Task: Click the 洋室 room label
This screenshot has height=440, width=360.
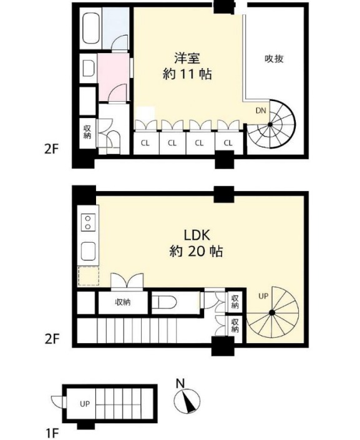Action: (187, 59)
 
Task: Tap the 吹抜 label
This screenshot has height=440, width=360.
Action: (274, 59)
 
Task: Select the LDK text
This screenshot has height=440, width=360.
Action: (197, 235)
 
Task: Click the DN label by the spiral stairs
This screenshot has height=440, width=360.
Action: (261, 110)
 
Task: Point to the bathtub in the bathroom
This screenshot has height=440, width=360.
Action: (91, 28)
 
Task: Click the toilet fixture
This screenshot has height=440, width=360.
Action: (164, 303)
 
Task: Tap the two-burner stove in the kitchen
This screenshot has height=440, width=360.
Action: (88, 222)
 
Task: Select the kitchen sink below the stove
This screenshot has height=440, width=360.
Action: (88, 251)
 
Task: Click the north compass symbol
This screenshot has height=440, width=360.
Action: (187, 401)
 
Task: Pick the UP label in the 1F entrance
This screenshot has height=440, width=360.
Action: (85, 404)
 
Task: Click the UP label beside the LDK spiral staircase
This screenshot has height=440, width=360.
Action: (263, 296)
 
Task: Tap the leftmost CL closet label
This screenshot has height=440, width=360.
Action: (145, 143)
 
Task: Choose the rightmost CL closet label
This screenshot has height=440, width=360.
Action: (228, 143)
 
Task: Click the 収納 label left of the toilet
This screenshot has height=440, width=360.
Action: (123, 302)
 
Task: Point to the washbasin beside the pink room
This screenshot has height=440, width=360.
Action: (89, 69)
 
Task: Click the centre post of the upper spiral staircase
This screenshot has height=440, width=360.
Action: (270, 124)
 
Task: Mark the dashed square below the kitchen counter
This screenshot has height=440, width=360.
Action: (89, 276)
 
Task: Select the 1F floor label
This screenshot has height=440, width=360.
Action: (52, 434)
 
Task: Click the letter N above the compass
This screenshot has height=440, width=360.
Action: (180, 383)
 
